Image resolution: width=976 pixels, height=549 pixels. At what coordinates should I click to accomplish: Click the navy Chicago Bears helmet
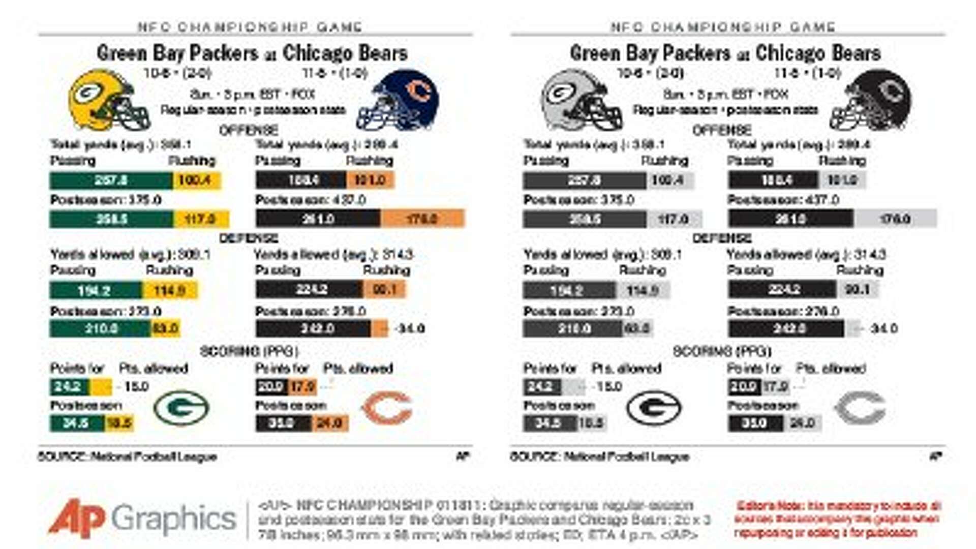399,100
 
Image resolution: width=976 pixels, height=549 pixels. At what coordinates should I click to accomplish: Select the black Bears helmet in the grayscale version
872,100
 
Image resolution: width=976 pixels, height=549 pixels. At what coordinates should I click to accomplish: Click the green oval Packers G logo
181,408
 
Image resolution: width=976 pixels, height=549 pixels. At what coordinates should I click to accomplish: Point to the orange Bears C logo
387,408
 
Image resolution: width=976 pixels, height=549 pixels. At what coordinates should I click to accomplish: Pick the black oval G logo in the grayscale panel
654,408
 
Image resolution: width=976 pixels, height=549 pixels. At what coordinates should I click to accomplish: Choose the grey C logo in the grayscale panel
860,408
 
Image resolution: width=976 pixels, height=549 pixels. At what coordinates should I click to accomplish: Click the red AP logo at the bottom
76,518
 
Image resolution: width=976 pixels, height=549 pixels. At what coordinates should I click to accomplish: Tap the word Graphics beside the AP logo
174,518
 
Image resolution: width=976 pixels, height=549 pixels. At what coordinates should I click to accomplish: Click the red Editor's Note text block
837,519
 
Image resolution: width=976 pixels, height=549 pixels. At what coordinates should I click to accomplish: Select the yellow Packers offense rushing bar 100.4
196,180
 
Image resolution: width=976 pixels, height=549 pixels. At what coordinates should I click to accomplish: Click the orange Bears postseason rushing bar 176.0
422,219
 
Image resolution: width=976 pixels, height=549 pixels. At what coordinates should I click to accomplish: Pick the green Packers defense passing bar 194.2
96,290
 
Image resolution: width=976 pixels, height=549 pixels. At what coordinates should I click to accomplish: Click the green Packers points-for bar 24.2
69,387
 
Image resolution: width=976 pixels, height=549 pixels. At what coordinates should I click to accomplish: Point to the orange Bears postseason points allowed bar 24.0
329,423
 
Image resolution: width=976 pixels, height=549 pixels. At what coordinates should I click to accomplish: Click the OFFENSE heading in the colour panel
249,130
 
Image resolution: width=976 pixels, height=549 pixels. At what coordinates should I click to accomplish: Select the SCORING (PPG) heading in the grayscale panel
722,351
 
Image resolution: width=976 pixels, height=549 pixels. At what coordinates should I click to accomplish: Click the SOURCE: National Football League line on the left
128,456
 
